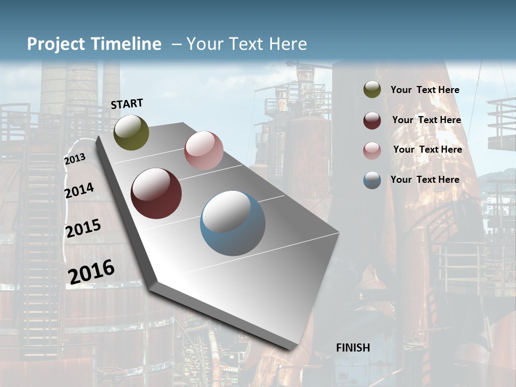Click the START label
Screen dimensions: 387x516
pos(127,104)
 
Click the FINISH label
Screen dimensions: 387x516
pos(353,348)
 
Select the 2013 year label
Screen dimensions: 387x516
pos(75,159)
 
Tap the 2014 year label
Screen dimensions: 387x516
pos(79,190)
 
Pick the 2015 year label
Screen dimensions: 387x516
pos(83,228)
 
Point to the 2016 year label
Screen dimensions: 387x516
pos(91,271)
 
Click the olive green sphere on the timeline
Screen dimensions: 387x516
pos(131,132)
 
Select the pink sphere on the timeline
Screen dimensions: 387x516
pos(204,150)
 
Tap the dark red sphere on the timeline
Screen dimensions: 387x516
pos(156,193)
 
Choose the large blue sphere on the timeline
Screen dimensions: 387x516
pos(233,223)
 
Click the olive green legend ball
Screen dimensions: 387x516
pos(372,89)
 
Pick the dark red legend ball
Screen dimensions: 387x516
pos(372,120)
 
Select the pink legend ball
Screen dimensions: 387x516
pos(372,150)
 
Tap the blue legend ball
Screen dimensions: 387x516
pos(372,180)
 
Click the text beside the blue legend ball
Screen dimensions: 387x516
pos(425,180)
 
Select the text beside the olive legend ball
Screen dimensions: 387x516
pos(425,90)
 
